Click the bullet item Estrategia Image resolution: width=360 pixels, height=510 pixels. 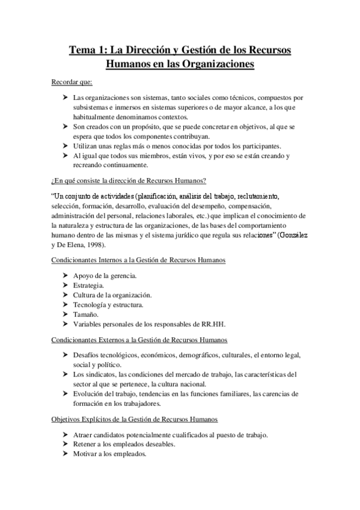[x=88, y=286]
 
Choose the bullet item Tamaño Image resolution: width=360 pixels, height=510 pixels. [x=85, y=315]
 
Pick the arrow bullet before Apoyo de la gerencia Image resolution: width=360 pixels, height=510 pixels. [x=66, y=276]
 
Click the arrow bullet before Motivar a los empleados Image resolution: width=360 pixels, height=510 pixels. [x=66, y=454]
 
